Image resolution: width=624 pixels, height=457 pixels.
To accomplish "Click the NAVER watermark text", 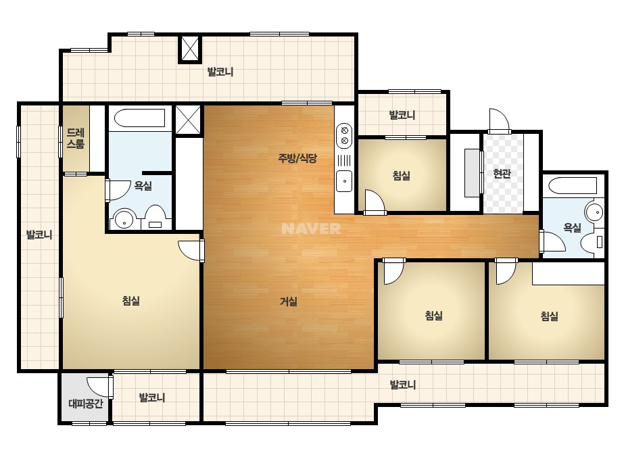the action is pos(311,228).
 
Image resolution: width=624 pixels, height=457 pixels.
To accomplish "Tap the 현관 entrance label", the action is pos(502,173).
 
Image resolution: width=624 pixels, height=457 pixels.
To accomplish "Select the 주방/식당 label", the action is pos(297,158).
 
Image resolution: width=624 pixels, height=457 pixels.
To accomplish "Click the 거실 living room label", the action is pos(289,302).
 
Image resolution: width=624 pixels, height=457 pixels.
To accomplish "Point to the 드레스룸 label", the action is pos(75,138).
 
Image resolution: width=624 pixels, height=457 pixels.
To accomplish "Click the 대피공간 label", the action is pos(86,404).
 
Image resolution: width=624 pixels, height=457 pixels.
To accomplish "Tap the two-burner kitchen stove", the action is pos(345,135).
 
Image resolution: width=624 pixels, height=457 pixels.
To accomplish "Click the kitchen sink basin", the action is pos(345,181).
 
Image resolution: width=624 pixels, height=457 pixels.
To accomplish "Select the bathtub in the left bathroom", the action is pos(140,118).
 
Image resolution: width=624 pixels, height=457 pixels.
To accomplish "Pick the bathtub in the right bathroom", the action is pos(572,186).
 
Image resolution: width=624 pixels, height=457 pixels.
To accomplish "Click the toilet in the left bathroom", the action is pos(155,218).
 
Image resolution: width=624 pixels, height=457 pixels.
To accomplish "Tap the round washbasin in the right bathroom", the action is pos(594,212).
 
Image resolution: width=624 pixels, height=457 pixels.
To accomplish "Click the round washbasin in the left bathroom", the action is pos(124,219).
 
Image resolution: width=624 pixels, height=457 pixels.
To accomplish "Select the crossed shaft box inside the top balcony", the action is pos(189,49).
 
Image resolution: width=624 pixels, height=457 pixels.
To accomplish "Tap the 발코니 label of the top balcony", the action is pos(220,72).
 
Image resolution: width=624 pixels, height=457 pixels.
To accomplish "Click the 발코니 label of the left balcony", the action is pos(39,235).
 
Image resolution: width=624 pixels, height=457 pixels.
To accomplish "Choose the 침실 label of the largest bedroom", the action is pos(131,301).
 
